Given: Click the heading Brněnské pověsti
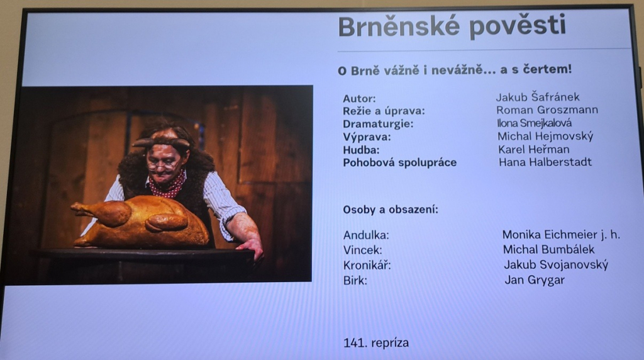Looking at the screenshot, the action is [x=452, y=27].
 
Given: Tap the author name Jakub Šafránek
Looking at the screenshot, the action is [x=537, y=97].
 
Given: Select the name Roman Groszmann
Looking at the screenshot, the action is [x=547, y=110].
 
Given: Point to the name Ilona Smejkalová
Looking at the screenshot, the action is [x=534, y=123].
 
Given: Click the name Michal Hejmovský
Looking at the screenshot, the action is [x=545, y=136].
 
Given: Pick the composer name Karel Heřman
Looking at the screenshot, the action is [x=533, y=149].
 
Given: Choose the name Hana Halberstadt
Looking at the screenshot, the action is [x=545, y=162].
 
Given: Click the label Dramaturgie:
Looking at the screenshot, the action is [x=378, y=124].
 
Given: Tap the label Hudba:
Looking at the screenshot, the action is [x=361, y=150].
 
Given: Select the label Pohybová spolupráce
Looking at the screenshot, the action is [x=399, y=163].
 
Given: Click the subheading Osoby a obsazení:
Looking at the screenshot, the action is [x=391, y=210].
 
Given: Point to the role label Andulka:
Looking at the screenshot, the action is [x=366, y=235].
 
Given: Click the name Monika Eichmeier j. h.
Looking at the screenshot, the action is [x=561, y=235].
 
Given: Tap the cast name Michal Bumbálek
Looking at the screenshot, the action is [x=548, y=249].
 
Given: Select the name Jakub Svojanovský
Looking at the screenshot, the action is [x=556, y=265].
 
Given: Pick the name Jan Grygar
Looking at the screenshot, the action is [x=535, y=280].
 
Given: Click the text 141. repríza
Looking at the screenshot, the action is [x=376, y=343].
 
